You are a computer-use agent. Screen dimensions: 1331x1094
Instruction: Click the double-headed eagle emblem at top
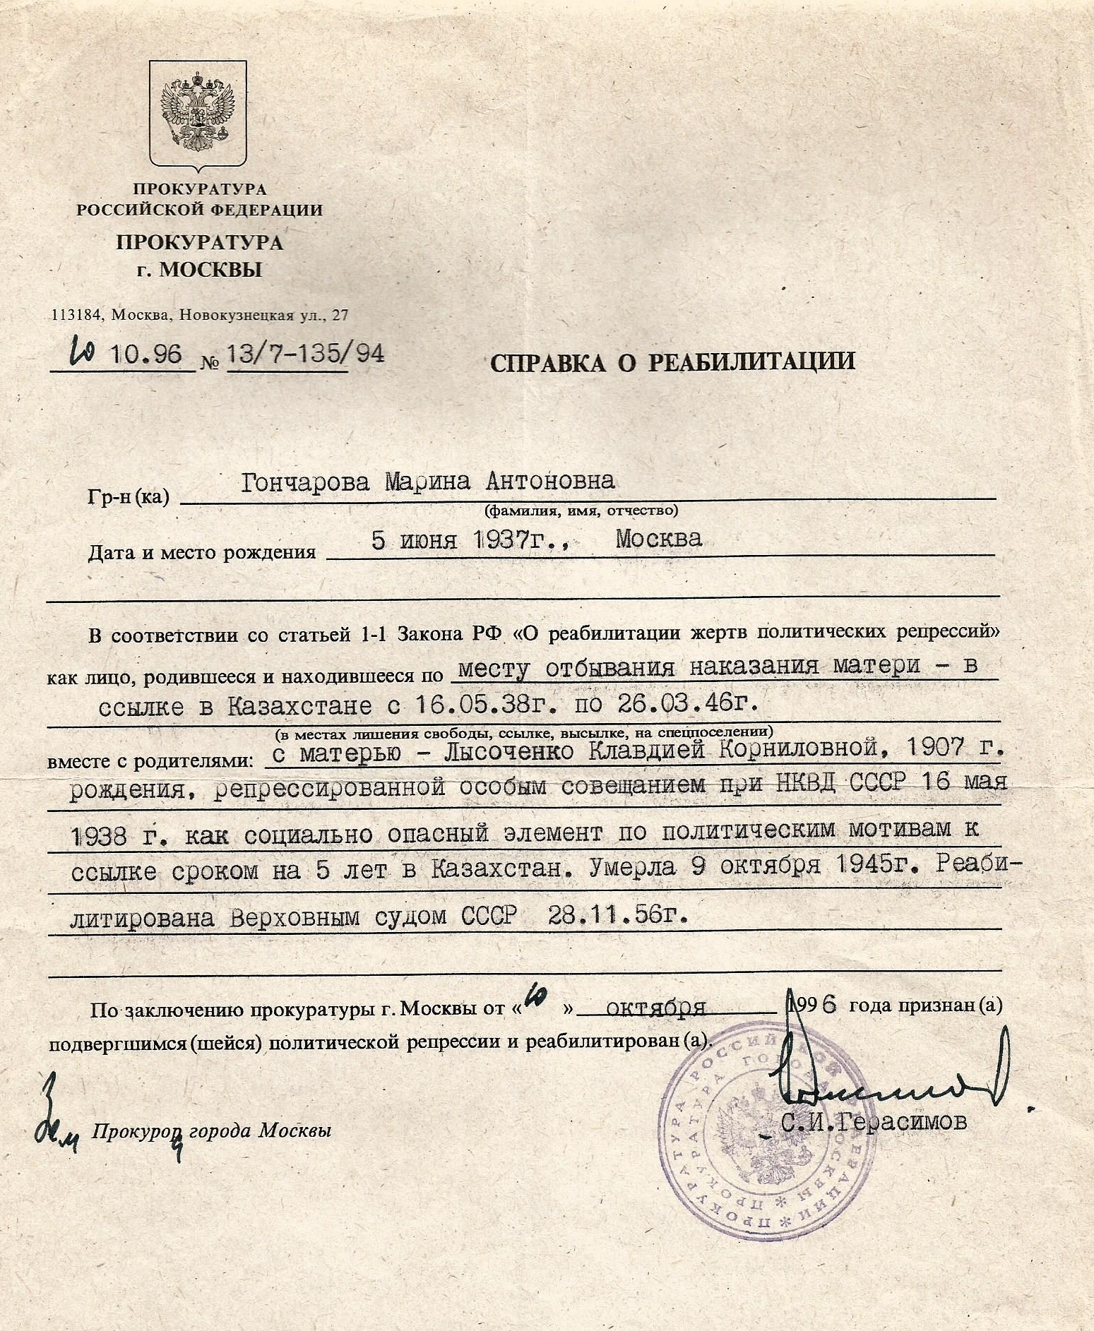point(198,112)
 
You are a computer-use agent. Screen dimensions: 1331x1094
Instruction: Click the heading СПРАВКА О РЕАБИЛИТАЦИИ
point(672,362)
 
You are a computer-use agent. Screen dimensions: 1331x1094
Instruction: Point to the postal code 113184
point(77,316)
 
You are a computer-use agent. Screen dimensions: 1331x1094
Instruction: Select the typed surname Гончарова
point(305,482)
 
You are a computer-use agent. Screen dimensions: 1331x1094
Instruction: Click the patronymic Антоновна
point(550,481)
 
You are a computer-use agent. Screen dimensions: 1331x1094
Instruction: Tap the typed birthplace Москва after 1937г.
point(658,539)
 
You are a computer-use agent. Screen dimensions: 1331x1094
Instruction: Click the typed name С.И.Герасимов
point(874,1122)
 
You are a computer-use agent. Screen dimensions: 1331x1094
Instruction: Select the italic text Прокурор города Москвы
point(211,1131)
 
